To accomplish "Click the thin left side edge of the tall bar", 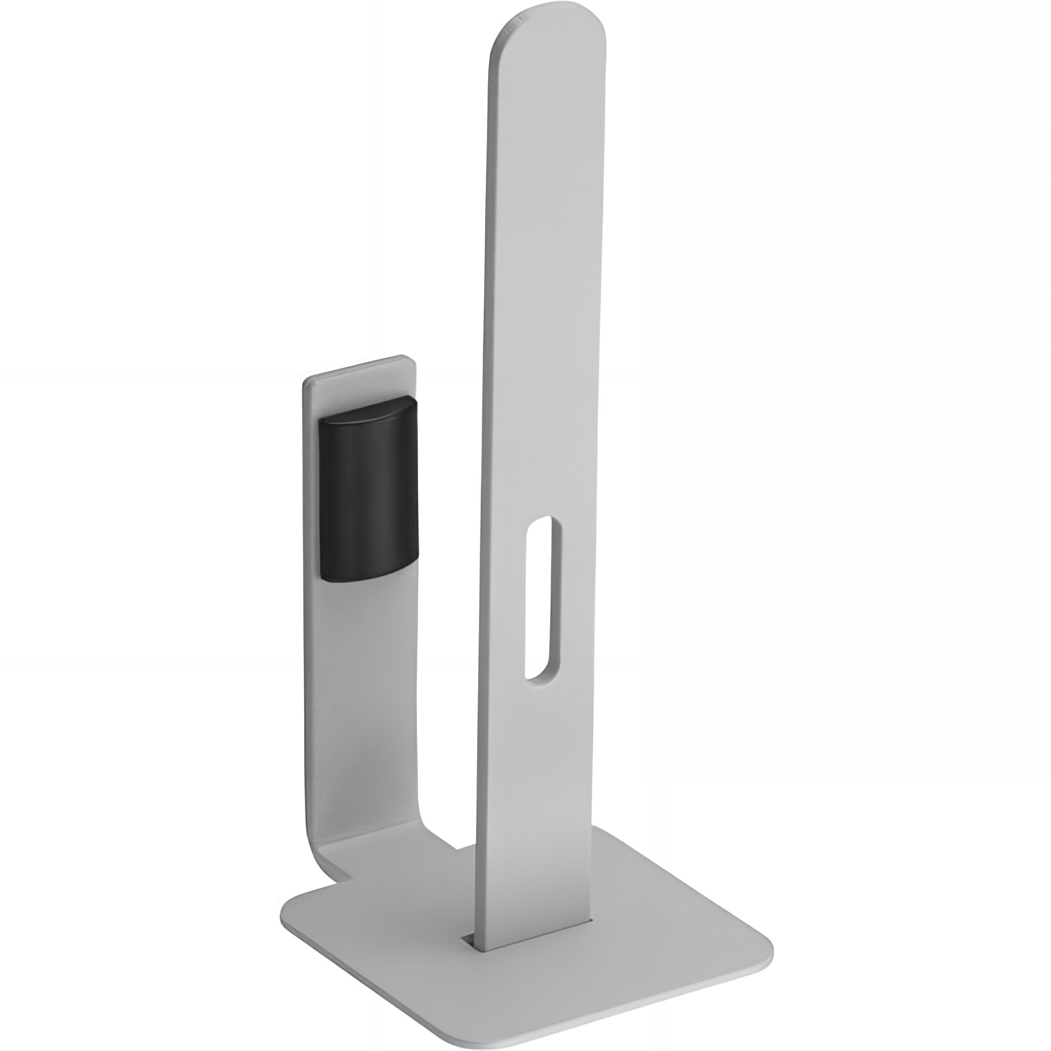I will point(483,467).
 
